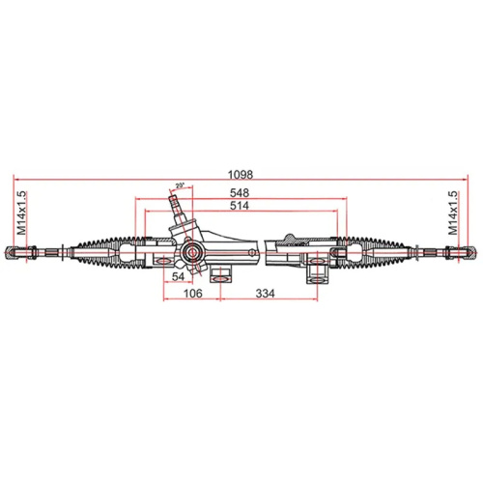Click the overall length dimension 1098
pyautogui.click(x=241, y=175)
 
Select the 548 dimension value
pyautogui.click(x=240, y=193)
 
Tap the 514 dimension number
pyautogui.click(x=240, y=206)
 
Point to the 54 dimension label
pyautogui.click(x=178, y=276)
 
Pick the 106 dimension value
pyautogui.click(x=193, y=294)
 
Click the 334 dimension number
pyautogui.click(x=266, y=294)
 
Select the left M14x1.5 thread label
pyautogui.click(x=20, y=213)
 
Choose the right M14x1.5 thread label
pyautogui.click(x=453, y=213)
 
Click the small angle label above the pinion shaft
pyautogui.click(x=180, y=185)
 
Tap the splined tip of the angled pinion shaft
pyautogui.click(x=174, y=202)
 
